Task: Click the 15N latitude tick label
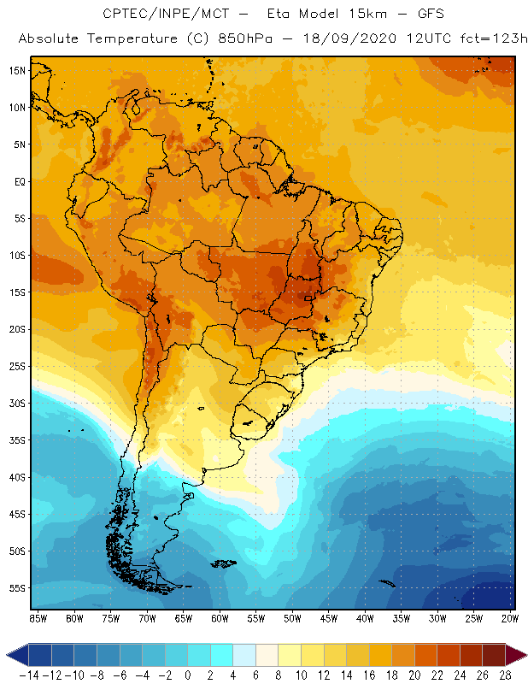[15, 70]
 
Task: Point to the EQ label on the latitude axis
[17, 181]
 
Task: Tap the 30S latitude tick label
[15, 403]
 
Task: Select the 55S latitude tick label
[15, 588]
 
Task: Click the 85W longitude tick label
[38, 618]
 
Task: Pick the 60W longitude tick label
[220, 618]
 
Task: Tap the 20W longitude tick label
[510, 618]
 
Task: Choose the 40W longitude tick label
[365, 618]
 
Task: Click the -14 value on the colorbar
[28, 675]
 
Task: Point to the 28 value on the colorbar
[504, 675]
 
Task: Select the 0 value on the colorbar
[187, 675]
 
